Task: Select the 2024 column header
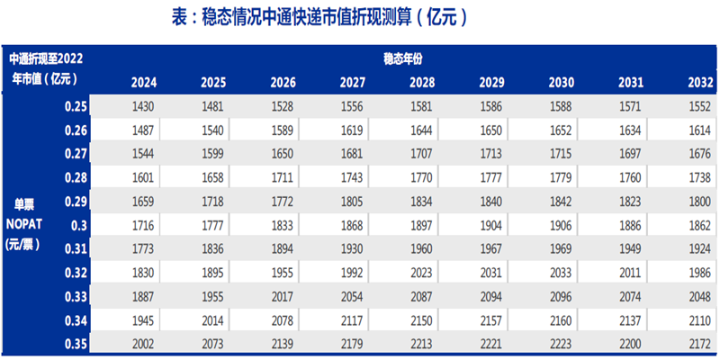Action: point(144,83)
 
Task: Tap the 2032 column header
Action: point(700,83)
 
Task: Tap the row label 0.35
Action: point(76,342)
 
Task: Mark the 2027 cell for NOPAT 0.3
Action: point(353,222)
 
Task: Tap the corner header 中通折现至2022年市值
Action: point(46,68)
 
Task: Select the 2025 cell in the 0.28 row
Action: point(213,176)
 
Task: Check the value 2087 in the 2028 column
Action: point(422,295)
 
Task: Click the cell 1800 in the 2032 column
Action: point(700,200)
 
